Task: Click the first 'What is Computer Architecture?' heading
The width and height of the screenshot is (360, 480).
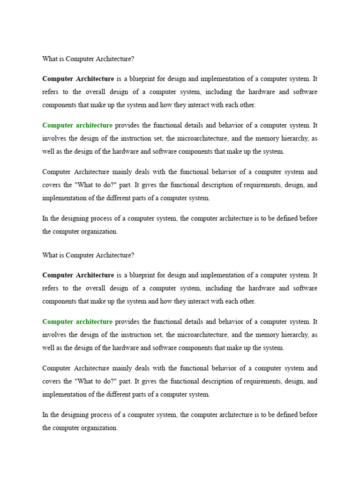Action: pos(88,59)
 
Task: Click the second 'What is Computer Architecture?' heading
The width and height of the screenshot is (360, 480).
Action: pos(88,255)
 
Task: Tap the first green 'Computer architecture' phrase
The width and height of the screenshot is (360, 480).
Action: pos(77,125)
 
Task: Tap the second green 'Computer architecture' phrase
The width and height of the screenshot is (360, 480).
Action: pos(77,322)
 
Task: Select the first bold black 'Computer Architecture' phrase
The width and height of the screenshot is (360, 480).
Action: pos(78,78)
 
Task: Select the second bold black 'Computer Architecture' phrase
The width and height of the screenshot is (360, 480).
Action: pos(78,275)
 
